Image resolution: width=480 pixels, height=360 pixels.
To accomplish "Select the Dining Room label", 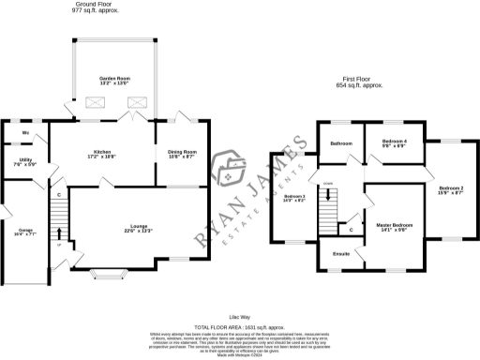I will coord(182,153).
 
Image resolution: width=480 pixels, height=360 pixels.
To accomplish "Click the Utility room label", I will coord(25,162).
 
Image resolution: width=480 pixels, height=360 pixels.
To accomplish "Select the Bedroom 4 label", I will coord(393,142).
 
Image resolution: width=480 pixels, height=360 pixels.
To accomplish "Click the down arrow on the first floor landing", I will coord(328,196).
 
